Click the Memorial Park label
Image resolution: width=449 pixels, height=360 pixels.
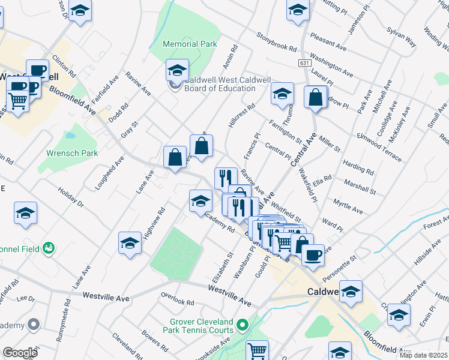(190, 44)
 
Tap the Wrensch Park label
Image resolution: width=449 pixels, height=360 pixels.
(72, 153)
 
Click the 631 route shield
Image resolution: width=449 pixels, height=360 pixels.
(304, 63)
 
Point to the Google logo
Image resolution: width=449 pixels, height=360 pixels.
(20, 353)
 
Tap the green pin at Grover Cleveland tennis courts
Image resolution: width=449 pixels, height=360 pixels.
(243, 325)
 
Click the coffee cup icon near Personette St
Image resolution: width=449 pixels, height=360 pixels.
(313, 254)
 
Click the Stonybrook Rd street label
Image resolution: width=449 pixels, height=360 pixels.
(277, 43)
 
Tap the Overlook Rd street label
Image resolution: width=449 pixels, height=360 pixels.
(178, 299)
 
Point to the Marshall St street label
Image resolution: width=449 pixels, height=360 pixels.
(360, 186)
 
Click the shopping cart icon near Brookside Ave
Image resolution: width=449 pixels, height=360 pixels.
(257, 350)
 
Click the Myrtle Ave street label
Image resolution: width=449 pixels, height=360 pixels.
(348, 207)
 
